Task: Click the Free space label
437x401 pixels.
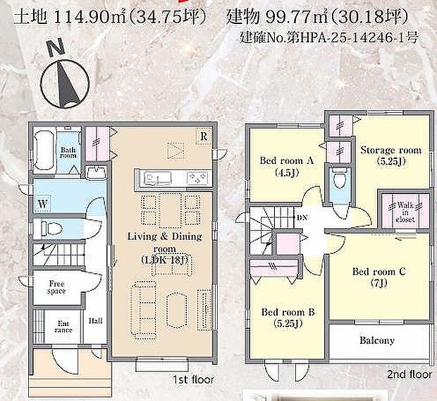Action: click(56, 287)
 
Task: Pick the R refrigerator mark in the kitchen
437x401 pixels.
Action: click(202, 136)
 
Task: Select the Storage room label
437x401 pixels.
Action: click(390, 155)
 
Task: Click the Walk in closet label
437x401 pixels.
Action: click(405, 210)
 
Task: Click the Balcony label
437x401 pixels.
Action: click(377, 340)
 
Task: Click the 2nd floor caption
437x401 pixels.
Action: click(410, 374)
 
